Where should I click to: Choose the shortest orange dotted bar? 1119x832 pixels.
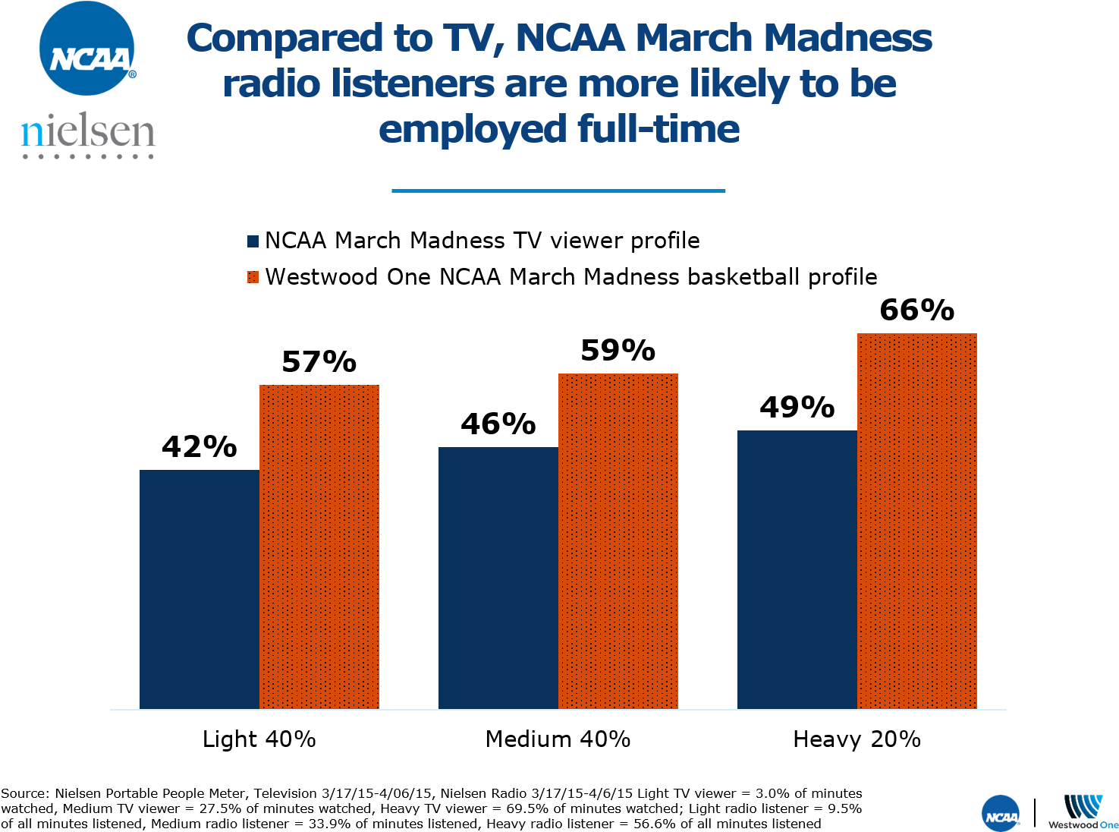[x=319, y=547]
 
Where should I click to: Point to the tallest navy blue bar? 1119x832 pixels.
[x=797, y=569]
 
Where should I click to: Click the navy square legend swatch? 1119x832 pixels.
[x=253, y=241]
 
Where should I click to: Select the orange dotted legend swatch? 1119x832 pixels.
[x=253, y=277]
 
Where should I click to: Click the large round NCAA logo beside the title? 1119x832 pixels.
[x=87, y=49]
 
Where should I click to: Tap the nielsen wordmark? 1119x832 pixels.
[x=88, y=134]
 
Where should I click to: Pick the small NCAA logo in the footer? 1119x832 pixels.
[x=1001, y=815]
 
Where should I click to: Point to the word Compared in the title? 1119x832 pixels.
[x=284, y=39]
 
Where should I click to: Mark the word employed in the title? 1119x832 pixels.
[x=473, y=129]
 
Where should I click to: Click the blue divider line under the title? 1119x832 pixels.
[x=558, y=191]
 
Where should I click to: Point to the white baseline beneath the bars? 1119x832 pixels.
[x=558, y=710]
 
